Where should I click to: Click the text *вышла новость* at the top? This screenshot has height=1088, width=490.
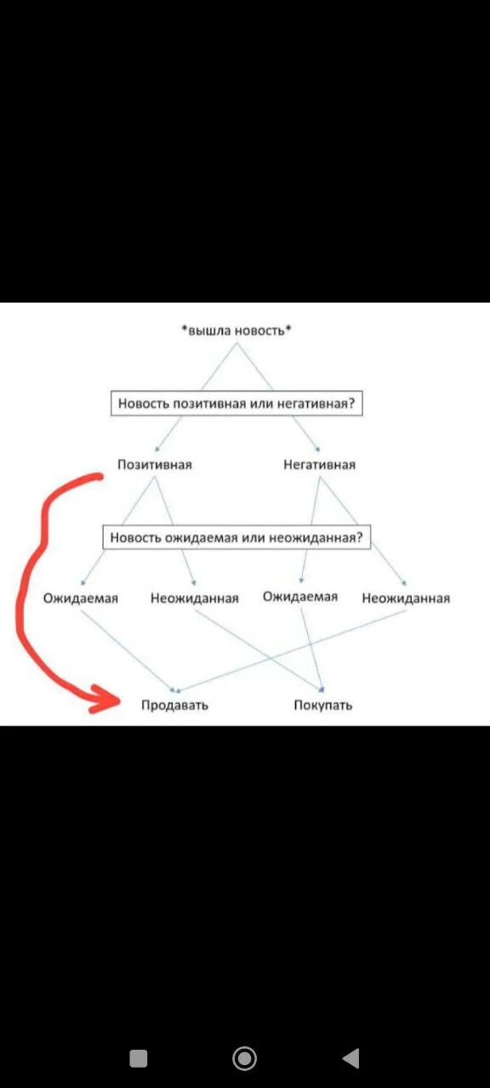pos(236,331)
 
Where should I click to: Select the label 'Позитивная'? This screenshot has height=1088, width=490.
pos(155,465)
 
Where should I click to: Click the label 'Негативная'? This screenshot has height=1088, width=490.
pos(319,465)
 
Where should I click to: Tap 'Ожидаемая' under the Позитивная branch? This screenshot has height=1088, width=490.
pos(81,598)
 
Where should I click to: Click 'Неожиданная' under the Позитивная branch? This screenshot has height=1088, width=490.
pos(195,598)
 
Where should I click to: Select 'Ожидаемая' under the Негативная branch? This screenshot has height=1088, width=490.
pos(300,597)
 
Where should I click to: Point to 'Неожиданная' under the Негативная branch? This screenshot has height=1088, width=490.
pos(406,598)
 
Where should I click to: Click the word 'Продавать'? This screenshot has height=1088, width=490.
pos(175,705)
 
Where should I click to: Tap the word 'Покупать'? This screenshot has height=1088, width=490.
pos(322,705)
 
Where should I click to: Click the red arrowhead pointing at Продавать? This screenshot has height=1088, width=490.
pos(105,700)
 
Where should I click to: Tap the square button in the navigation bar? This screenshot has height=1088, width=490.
pos(139,1058)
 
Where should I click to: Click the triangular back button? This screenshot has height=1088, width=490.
pos(351,1058)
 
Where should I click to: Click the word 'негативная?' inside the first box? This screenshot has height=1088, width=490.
pos(316,404)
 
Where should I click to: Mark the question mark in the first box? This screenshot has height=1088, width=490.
pos(352,403)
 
